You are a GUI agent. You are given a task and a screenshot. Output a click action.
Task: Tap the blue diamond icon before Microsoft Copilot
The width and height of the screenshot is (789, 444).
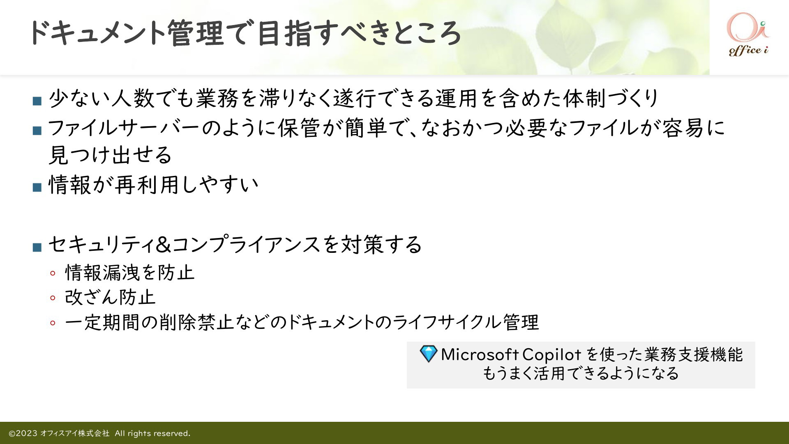pos(428,354)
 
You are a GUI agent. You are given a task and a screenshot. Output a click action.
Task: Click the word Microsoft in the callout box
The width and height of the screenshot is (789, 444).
pos(480,354)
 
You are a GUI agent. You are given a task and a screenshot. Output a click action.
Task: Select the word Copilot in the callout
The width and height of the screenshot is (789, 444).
pos(551,355)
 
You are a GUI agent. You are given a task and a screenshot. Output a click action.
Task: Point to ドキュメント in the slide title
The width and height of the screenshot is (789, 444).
pos(97,33)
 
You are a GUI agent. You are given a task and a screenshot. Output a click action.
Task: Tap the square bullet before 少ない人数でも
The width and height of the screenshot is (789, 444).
pos(37,101)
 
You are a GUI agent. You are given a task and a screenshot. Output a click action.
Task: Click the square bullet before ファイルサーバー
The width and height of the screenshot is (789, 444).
pos(37,131)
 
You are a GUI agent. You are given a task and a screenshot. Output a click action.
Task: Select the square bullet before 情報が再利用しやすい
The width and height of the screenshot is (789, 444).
pos(37,187)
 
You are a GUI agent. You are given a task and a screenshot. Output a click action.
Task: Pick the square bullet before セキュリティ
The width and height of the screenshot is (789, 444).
pos(37,247)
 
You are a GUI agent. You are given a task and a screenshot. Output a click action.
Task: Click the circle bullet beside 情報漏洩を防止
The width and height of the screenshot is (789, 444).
pos(53,273)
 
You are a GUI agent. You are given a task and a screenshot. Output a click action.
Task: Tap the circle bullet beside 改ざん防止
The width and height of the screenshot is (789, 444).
pos(53,298)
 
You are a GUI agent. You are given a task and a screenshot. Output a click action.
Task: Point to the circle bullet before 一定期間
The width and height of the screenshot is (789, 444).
pos(53,323)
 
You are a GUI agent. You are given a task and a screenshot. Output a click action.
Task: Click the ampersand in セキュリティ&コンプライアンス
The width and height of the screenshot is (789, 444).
pos(164,245)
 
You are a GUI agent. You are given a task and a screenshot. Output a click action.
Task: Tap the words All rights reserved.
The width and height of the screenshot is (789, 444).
pos(152,433)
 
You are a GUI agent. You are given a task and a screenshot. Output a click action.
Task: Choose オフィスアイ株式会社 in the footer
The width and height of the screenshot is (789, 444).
pos(75,433)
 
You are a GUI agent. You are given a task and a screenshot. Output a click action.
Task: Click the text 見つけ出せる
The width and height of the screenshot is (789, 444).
pos(110,155)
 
